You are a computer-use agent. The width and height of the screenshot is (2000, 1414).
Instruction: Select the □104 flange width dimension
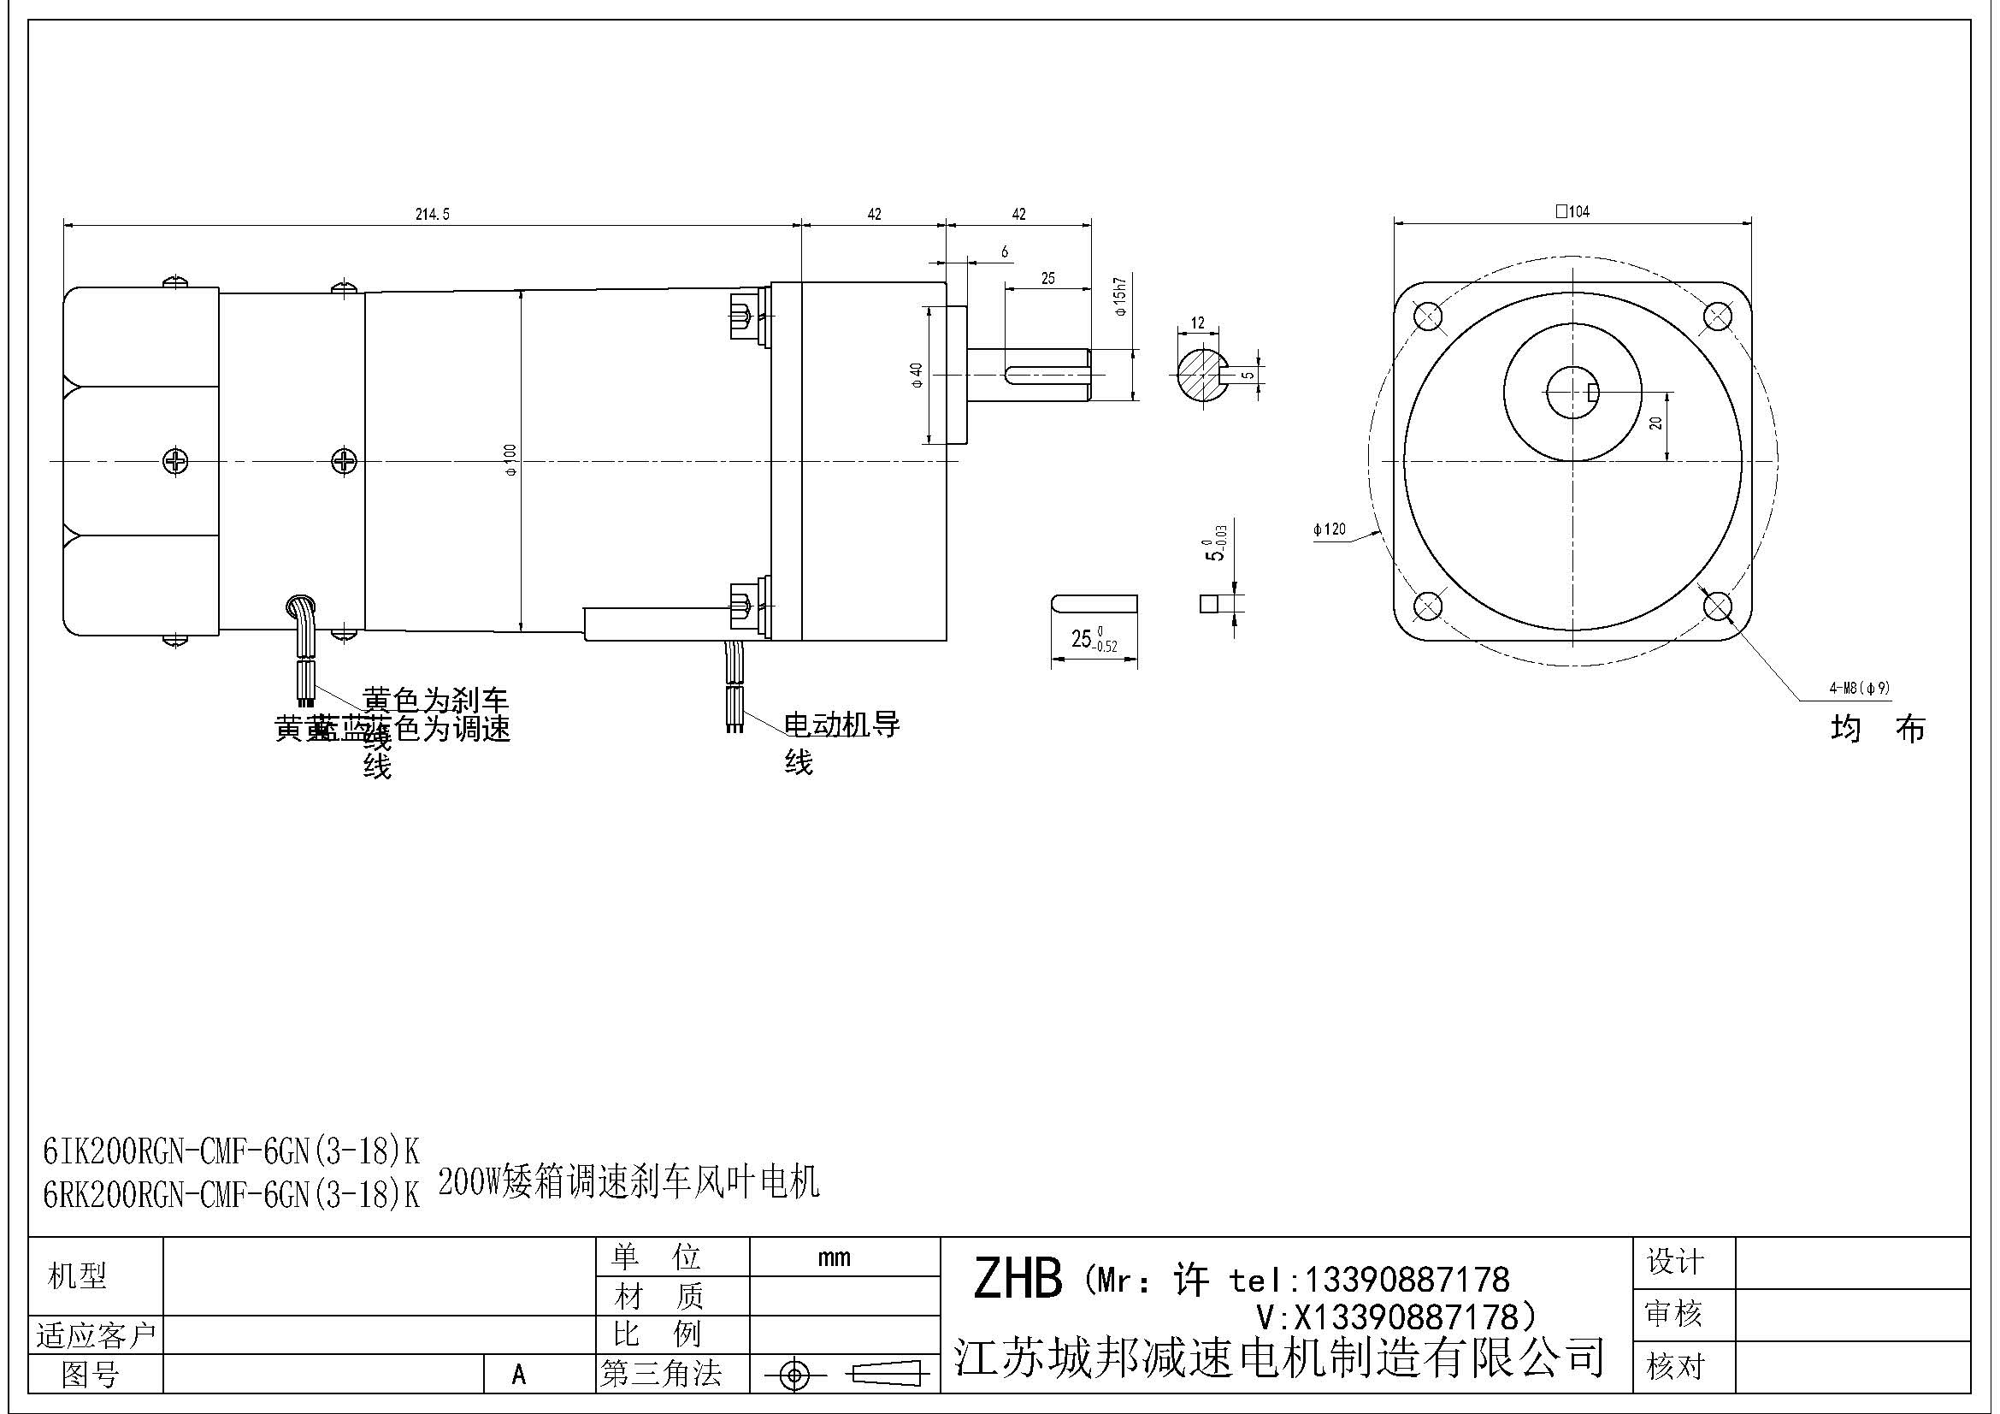(x=1572, y=210)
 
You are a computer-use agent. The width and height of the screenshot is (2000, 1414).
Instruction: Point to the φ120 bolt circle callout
(x=1330, y=529)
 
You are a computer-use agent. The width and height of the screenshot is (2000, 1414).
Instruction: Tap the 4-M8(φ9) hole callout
(x=1859, y=689)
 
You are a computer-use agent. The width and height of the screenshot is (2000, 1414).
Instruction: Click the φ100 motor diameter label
(x=510, y=459)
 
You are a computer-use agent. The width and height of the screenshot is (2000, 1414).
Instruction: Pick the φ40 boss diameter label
(x=916, y=375)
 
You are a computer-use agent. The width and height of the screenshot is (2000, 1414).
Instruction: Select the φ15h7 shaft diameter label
(x=1120, y=296)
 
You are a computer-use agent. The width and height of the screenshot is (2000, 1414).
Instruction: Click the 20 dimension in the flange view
(x=1656, y=423)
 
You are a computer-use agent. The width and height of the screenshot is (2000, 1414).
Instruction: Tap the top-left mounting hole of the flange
(x=1428, y=317)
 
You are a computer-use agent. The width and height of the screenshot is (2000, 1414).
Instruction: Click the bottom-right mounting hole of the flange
(x=1717, y=606)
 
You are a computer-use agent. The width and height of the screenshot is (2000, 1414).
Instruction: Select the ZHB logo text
(x=1017, y=1279)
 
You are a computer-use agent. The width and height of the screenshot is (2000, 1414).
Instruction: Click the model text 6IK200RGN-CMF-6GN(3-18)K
(x=231, y=1152)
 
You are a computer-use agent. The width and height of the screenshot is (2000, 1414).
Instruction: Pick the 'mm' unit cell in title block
(x=834, y=1257)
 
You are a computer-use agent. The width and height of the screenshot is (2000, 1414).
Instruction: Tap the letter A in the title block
(x=519, y=1375)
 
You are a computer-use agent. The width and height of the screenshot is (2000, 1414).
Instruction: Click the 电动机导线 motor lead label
(x=841, y=725)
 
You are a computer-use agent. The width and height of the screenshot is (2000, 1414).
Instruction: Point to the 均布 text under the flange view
(x=1877, y=728)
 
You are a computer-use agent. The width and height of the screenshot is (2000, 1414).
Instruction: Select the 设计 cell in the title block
(x=1674, y=1262)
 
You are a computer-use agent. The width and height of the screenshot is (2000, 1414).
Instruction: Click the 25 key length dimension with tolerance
(x=1094, y=640)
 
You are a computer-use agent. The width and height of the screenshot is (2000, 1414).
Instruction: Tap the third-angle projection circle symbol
(x=794, y=1376)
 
